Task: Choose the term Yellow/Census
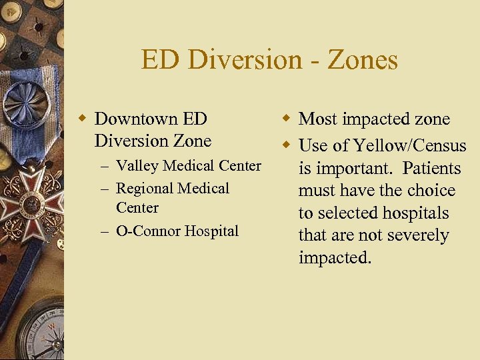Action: coord(409,145)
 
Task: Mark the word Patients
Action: coord(431,168)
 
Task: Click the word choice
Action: coord(430,191)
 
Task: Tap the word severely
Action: coord(417,235)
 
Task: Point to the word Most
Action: coord(317,119)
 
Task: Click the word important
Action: coord(353,169)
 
